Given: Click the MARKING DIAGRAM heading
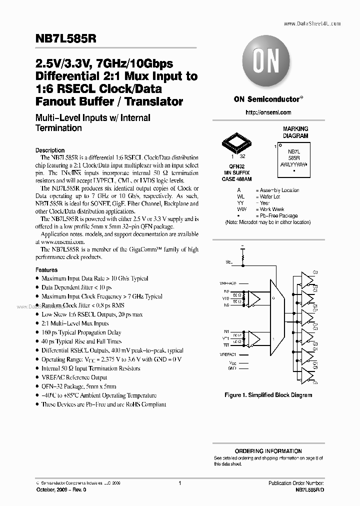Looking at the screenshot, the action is coord(295,132).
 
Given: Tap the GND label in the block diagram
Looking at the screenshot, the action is coord(232,368).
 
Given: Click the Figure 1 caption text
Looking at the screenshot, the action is coord(268,395).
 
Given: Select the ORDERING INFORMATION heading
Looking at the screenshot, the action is coord(268,450).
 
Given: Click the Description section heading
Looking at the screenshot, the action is coord(50,150).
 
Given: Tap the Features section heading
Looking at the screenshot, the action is coord(46,269).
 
